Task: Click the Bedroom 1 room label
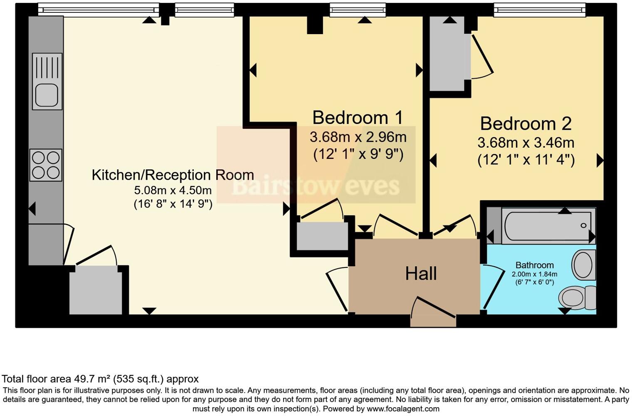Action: tap(358, 118)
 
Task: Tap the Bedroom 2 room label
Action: tap(526, 124)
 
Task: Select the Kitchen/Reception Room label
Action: tap(173, 175)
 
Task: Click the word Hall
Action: tap(421, 274)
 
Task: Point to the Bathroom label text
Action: tap(534, 265)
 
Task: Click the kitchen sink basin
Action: tap(47, 94)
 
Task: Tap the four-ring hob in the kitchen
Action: tap(46, 165)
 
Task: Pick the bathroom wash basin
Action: tap(584, 264)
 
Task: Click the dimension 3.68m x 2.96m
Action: tap(358, 137)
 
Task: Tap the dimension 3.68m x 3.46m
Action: tap(526, 143)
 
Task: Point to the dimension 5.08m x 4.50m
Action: tap(173, 191)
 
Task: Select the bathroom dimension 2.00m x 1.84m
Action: tap(534, 274)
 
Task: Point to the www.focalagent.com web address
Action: tap(403, 409)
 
